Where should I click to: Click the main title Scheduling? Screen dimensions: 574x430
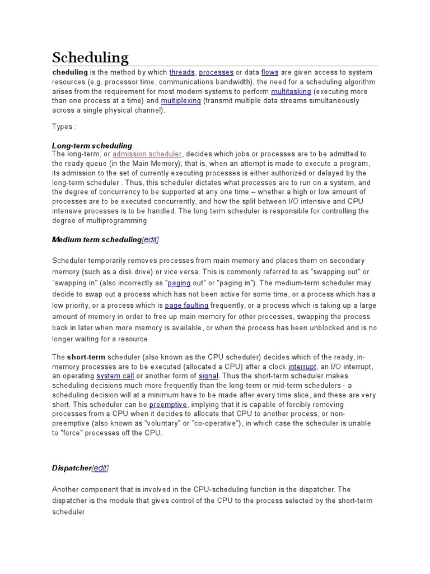tap(90, 57)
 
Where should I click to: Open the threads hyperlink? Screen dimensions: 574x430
tap(182, 72)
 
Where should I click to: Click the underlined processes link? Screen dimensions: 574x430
tap(216, 72)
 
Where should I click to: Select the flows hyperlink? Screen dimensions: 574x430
tap(269, 72)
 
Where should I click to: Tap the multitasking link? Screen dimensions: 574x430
tap(291, 91)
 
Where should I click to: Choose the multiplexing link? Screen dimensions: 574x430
tap(181, 101)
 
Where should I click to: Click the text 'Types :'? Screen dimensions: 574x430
tap(64, 127)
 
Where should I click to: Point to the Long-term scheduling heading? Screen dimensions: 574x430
tap(92, 146)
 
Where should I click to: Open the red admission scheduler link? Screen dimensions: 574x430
tap(147, 154)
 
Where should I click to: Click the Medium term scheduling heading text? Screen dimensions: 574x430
tap(96, 240)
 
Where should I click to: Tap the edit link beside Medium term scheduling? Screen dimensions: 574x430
tap(150, 240)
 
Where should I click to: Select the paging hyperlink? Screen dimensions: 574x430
tap(179, 283)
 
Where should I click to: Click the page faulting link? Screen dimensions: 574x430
tap(186, 305)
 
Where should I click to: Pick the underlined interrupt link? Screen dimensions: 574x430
tap(302, 366)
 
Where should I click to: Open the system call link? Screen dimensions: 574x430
tap(115, 376)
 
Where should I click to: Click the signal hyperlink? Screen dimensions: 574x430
tap(209, 376)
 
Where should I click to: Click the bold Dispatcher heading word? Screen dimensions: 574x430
tap(72, 468)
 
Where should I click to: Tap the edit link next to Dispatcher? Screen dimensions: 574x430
tap(100, 468)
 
